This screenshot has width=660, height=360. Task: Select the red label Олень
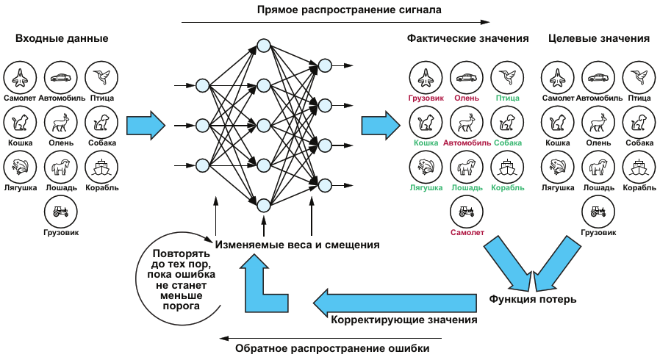point(467,97)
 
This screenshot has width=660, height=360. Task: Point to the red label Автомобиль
point(467,143)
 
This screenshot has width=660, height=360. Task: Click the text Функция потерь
point(533,299)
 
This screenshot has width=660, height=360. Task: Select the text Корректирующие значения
point(404,320)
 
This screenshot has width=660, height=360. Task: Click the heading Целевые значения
point(599,39)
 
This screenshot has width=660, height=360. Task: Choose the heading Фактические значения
point(468,39)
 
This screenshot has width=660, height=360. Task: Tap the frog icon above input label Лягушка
point(20,167)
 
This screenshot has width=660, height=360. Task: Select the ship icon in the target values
point(639,167)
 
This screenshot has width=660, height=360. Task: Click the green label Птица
point(507,97)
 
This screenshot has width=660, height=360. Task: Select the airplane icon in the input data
point(20,76)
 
